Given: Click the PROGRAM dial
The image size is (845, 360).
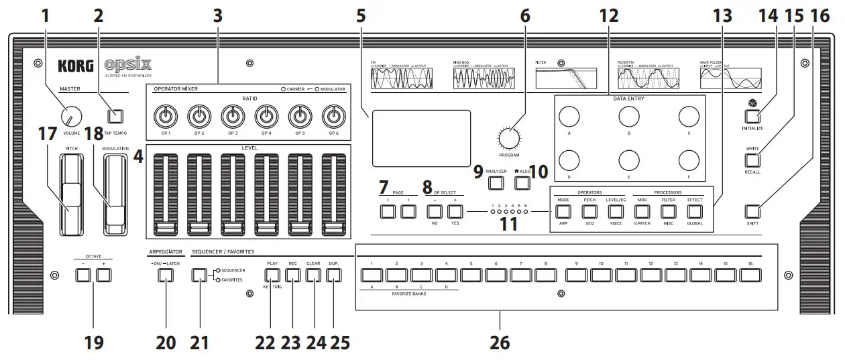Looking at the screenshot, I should pos(509,137).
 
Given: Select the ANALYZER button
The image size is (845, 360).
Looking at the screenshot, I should pos(496,183).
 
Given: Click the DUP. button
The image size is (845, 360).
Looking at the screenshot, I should pos(333,275).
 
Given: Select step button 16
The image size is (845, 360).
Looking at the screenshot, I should pos(751,275).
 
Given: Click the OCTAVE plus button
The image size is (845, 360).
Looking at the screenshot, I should pos(103,275).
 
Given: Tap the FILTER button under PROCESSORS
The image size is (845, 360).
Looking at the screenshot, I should pos(669,212).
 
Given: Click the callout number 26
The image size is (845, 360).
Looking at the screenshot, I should pos(499,342).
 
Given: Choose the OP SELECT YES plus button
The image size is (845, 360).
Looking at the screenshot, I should pos(455,213).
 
